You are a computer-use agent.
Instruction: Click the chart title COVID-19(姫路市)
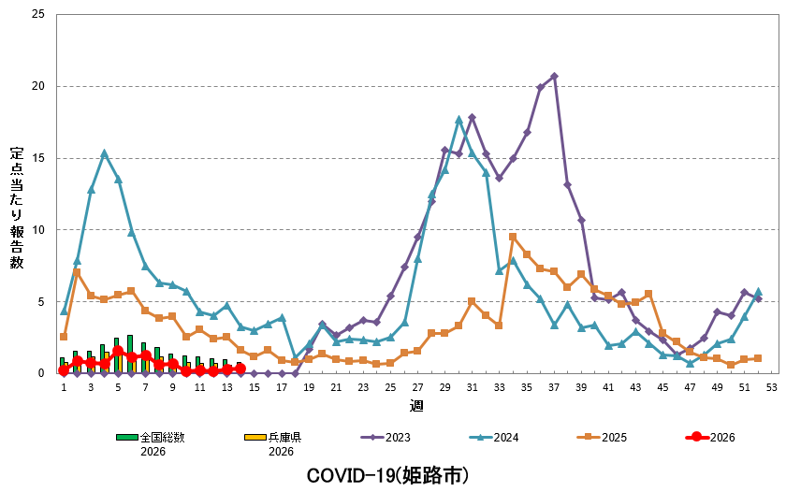pos(387,475)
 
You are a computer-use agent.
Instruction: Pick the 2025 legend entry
pos(601,437)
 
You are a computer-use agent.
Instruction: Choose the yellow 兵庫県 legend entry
pos(271,437)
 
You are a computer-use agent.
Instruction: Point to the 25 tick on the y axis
pos(37,15)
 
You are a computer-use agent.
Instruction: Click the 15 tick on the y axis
pos(37,158)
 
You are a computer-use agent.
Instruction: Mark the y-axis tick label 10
pos(37,230)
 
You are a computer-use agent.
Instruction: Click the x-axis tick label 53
pos(772,386)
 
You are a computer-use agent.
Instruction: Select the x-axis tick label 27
pos(417,386)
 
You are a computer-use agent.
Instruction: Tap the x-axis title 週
pos(416,406)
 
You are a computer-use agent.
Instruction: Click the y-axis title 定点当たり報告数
pos(17,208)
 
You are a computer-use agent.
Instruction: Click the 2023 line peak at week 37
pos(554,76)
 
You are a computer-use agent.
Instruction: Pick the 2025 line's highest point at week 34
pos(513,237)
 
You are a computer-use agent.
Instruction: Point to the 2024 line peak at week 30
pos(458,120)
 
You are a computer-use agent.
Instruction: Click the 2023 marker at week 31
pos(473,117)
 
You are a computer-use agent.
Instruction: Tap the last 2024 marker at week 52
pos(758,292)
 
